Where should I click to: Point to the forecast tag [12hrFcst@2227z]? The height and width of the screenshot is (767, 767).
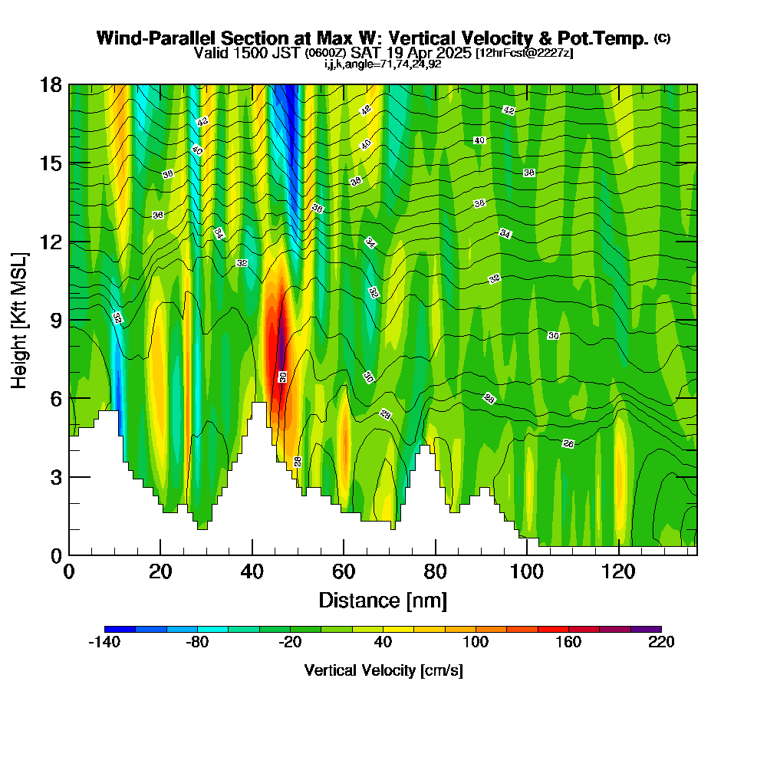[525, 54]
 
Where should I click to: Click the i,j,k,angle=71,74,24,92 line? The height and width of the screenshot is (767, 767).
[383, 64]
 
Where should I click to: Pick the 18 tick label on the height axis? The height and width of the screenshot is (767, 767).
[51, 85]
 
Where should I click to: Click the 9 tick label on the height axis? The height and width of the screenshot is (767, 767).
[56, 321]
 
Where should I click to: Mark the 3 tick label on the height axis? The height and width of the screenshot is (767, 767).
[56, 477]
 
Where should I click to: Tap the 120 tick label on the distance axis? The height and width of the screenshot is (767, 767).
[618, 571]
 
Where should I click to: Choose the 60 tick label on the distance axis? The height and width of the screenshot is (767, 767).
[344, 571]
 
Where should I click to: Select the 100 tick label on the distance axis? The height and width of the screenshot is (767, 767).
[527, 571]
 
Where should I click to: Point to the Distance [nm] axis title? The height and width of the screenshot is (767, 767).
[383, 601]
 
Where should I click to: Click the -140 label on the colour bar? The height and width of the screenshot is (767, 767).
[104, 642]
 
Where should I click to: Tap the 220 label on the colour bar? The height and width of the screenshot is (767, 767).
[661, 642]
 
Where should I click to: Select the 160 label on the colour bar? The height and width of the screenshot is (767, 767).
[568, 642]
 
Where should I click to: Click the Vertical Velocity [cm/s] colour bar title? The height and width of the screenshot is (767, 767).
[383, 670]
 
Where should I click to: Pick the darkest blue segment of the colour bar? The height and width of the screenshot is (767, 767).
[120, 629]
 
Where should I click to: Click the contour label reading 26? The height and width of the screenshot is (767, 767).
[568, 443]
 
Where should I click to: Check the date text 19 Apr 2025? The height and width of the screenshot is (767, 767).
[429, 53]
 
